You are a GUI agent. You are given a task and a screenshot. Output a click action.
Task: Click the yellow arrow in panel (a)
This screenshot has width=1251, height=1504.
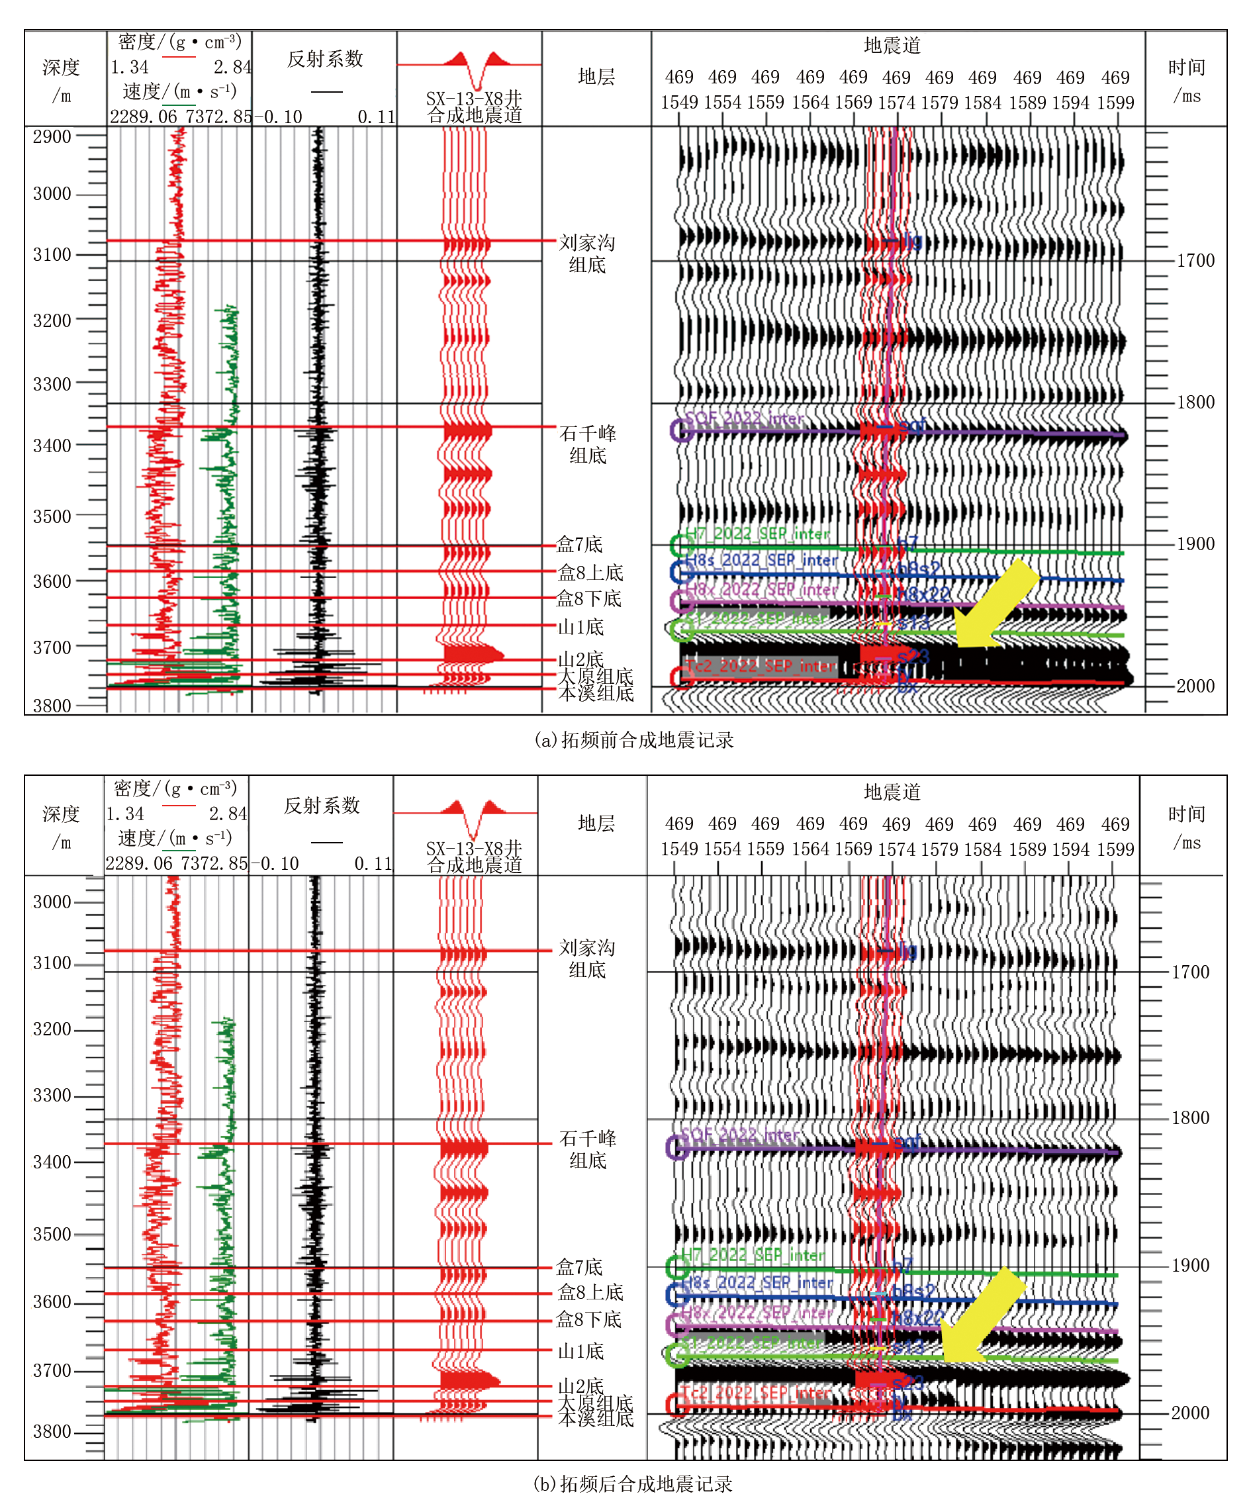[996, 605]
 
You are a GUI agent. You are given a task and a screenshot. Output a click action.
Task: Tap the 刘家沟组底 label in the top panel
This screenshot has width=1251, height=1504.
[586, 254]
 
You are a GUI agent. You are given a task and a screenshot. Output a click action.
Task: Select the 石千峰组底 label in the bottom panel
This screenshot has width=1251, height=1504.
[587, 1149]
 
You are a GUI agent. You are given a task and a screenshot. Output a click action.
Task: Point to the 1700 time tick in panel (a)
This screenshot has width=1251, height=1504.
[1195, 261]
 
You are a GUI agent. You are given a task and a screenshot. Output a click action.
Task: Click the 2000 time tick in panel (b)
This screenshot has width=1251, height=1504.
[1189, 1413]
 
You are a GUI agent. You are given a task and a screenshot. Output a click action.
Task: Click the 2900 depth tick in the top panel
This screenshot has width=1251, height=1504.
[52, 137]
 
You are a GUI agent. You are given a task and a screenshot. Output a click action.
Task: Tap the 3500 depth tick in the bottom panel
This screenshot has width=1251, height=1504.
[52, 1235]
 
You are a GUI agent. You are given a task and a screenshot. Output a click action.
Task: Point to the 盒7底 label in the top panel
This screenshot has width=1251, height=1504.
[579, 545]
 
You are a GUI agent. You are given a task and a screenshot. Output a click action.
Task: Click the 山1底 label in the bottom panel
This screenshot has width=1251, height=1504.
[580, 1352]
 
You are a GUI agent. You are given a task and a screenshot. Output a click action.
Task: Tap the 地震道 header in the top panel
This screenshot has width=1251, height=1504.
[892, 46]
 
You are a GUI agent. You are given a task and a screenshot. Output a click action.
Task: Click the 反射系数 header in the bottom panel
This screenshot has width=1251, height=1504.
[322, 806]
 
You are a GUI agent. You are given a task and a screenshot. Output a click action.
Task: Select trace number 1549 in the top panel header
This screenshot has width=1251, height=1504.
[678, 103]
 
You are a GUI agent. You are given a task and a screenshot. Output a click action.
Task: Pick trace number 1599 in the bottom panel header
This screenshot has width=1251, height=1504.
[1115, 849]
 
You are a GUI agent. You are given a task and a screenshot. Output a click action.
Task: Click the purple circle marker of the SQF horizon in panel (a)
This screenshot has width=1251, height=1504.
[681, 430]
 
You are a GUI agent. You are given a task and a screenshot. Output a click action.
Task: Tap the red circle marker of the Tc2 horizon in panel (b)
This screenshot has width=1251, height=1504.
[676, 1405]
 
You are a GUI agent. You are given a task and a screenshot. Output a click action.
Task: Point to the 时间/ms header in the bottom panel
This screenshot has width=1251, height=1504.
[1186, 828]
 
